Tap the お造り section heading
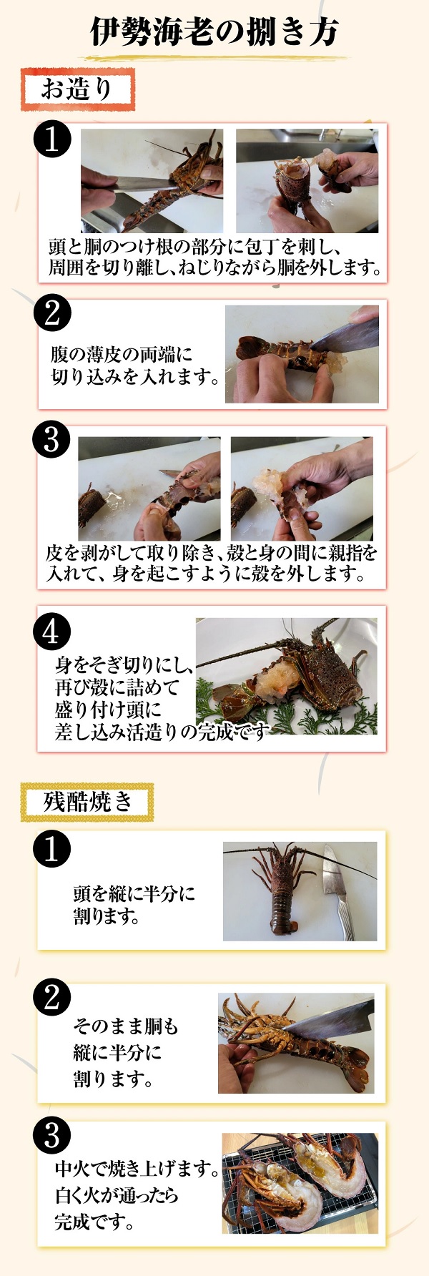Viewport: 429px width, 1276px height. [77, 90]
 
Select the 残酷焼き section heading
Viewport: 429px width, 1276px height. [88, 801]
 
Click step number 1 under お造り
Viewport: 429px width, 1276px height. [52, 139]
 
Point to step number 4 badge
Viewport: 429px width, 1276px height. [52, 632]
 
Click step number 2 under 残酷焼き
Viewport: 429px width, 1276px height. [52, 997]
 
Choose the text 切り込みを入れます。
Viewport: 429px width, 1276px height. [136, 377]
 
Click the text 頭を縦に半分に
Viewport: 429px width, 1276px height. [134, 893]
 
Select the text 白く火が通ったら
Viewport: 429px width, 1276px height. [117, 1195]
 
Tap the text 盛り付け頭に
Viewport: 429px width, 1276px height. [108, 710]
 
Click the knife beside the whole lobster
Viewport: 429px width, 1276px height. [336, 890]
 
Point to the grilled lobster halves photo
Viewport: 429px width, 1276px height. [300, 1183]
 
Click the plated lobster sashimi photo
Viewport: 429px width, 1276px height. [286, 677]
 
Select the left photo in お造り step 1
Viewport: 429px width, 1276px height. [152, 181]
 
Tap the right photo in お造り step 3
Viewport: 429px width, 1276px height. [302, 489]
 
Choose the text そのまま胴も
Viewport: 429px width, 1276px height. [126, 1026]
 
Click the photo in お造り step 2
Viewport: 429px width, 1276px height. [302, 354]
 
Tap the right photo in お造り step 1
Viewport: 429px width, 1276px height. [307, 181]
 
